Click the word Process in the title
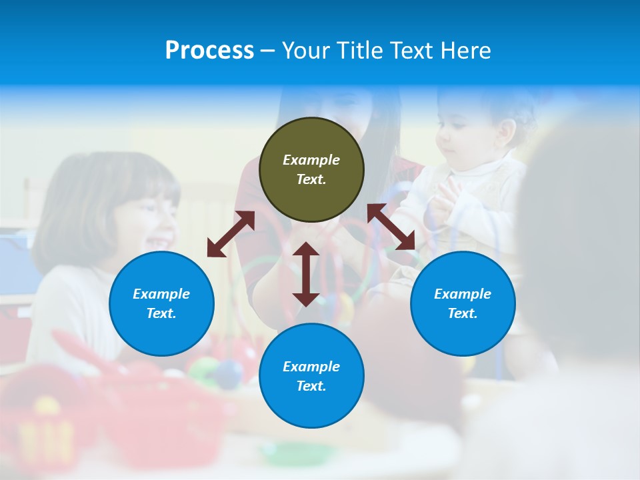(x=209, y=51)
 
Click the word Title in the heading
(x=359, y=51)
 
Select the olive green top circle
(x=311, y=169)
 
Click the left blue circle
(x=161, y=303)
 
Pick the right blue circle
(x=463, y=303)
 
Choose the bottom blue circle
(x=311, y=376)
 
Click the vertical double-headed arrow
(x=306, y=274)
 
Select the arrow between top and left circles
(x=231, y=234)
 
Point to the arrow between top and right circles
(x=391, y=227)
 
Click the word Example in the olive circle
(x=311, y=160)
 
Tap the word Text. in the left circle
(x=161, y=313)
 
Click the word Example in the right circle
(x=463, y=294)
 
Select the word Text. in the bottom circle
(x=311, y=386)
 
